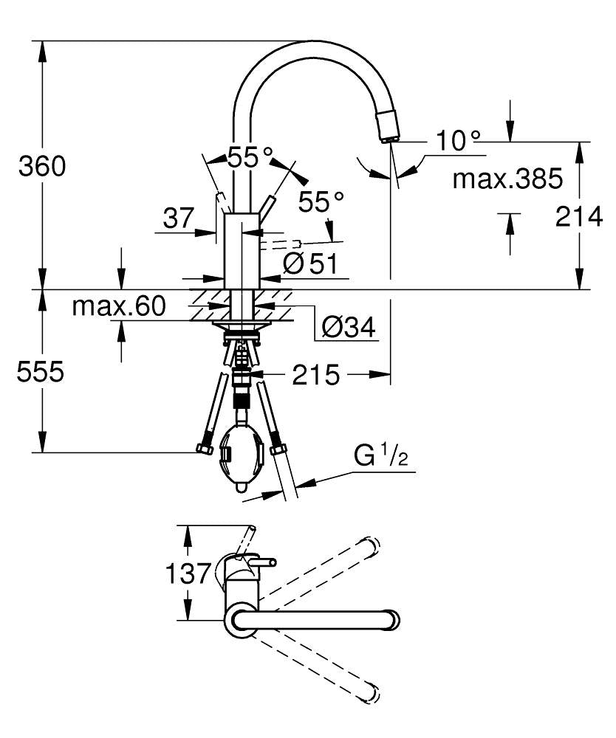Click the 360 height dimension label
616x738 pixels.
pyautogui.click(x=42, y=167)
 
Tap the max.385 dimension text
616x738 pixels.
pyautogui.click(x=507, y=178)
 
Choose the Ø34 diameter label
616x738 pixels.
pyautogui.click(x=348, y=326)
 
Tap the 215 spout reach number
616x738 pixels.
pyautogui.click(x=315, y=376)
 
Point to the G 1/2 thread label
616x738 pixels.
pyautogui.click(x=380, y=457)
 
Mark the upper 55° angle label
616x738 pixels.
pyautogui.click(x=249, y=157)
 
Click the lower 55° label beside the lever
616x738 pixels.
pyautogui.click(x=321, y=200)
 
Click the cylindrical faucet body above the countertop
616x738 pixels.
pyautogui.click(x=240, y=251)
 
